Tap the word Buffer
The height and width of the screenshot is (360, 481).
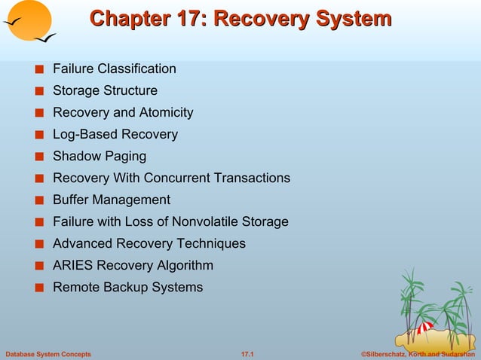[71, 200]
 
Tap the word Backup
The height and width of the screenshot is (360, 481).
[123, 288]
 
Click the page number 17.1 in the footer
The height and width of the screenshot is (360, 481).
[247, 354]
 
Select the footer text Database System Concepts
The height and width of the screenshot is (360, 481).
[47, 354]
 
